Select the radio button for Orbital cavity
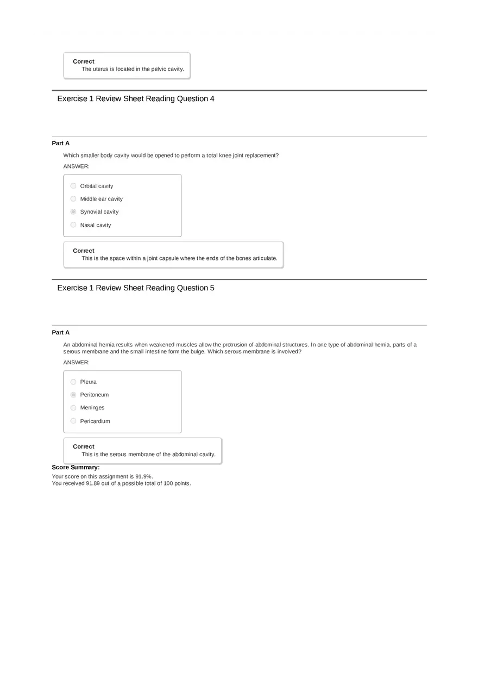click(73, 186)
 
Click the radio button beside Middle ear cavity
click(73, 199)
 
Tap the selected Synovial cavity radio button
click(73, 212)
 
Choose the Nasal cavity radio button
click(73, 225)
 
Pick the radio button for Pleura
click(73, 382)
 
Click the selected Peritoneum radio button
click(73, 395)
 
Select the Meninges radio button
click(73, 408)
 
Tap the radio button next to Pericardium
click(73, 421)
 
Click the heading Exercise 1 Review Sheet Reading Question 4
click(136, 99)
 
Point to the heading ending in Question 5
click(136, 288)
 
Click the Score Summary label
click(76, 468)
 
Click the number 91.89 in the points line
click(93, 483)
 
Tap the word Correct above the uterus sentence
click(84, 62)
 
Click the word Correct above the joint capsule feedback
click(84, 251)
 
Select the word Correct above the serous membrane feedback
click(84, 447)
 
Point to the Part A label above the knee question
click(61, 144)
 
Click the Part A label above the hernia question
click(61, 333)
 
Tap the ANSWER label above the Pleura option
click(77, 363)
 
